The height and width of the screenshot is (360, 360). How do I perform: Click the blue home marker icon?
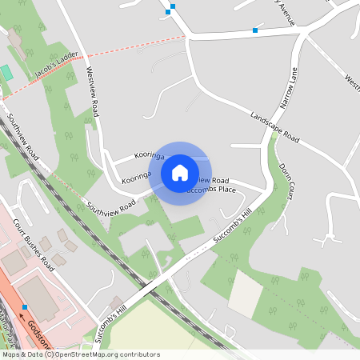(180, 173)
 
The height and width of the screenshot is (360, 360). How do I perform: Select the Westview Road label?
(93, 92)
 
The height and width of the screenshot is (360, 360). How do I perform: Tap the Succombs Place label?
(210, 190)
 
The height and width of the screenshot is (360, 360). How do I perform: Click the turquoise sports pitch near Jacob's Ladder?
(7, 72)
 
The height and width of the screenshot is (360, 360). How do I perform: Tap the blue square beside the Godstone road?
(25, 306)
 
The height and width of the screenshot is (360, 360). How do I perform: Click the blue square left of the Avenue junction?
(255, 30)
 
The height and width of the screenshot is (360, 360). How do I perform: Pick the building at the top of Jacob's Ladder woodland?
(15, 38)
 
